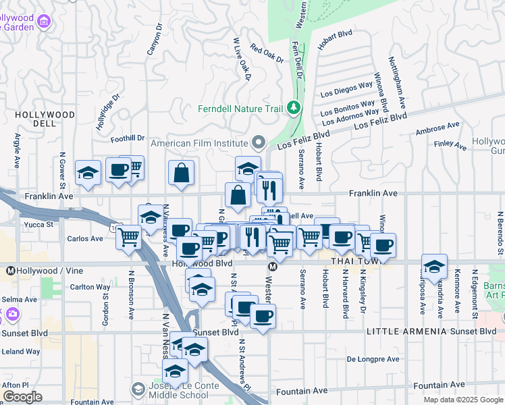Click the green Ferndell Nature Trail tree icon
pyautogui.click(x=294, y=108)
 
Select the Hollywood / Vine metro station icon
pyautogui.click(x=10, y=271)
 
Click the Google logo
pyautogui.click(x=22, y=397)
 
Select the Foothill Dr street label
pyautogui.click(x=128, y=138)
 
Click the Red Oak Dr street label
pyautogui.click(x=265, y=53)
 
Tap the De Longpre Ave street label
pyautogui.click(x=373, y=359)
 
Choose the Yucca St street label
pyautogui.click(x=39, y=223)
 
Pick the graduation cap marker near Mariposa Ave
pyautogui.click(x=434, y=267)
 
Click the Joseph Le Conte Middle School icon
pyautogui.click(x=138, y=389)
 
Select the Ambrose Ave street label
pyautogui.click(x=437, y=128)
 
